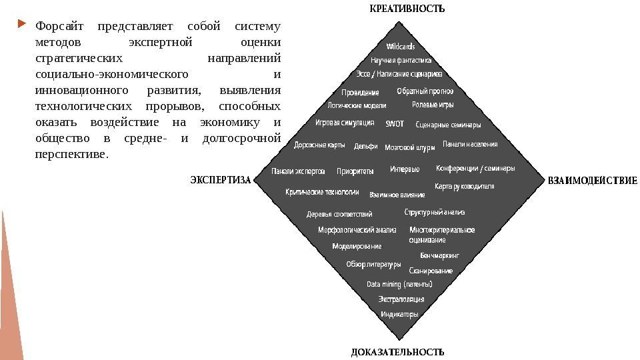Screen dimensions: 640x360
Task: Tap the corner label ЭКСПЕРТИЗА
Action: click(x=220, y=180)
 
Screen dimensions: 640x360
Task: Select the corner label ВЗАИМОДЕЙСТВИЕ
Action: click(x=593, y=180)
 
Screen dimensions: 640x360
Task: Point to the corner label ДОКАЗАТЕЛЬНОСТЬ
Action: click(x=397, y=351)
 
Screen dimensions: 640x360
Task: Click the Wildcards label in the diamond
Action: click(x=401, y=47)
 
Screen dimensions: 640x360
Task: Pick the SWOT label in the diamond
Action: click(x=395, y=123)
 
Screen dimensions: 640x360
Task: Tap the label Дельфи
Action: click(x=366, y=146)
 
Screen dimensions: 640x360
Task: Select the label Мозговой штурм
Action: click(x=410, y=147)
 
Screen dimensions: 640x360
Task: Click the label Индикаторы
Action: click(x=399, y=314)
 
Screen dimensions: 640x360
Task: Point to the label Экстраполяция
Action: click(x=401, y=299)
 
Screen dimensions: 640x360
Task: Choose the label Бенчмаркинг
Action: click(x=439, y=255)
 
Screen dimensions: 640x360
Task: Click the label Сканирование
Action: click(x=431, y=271)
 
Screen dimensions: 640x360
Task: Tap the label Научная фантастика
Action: click(x=401, y=60)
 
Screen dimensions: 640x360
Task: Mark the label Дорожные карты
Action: click(x=319, y=145)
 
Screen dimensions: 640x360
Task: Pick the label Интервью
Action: click(x=405, y=169)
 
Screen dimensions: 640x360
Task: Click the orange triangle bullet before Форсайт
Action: click(x=23, y=26)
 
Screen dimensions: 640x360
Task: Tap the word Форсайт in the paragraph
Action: click(x=57, y=27)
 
